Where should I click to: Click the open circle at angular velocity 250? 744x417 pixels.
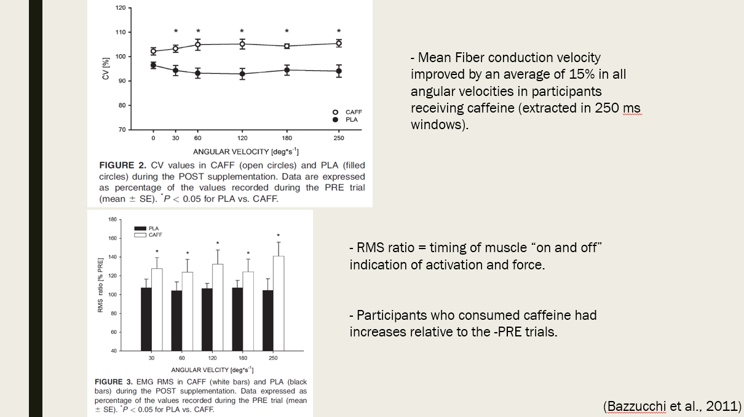pos(339,43)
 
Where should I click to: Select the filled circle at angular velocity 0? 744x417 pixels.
pos(153,65)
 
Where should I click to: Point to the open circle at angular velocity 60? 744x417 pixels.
pos(198,44)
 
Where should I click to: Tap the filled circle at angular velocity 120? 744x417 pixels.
pos(242,74)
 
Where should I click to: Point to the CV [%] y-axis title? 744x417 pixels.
pos(106,68)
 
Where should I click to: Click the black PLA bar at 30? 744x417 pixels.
pos(146,319)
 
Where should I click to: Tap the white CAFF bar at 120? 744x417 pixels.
pos(217,308)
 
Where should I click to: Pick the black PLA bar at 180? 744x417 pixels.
pos(237,319)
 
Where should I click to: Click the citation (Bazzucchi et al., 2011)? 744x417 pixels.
pos(673,406)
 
